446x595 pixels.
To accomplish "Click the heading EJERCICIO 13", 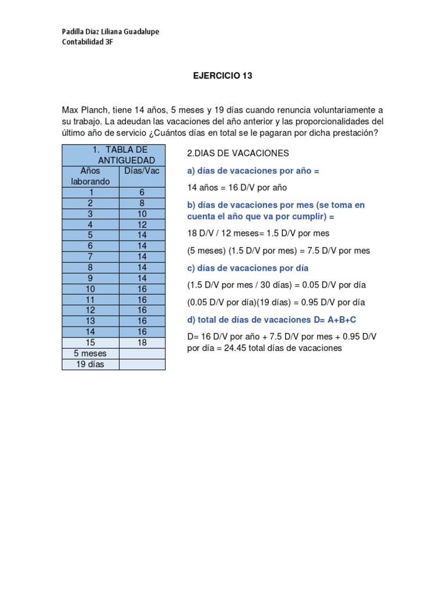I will [223, 76].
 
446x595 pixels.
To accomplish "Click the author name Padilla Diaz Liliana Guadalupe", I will [110, 31].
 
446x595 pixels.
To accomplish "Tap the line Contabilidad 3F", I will [87, 42].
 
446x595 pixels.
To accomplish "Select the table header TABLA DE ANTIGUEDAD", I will [114, 155].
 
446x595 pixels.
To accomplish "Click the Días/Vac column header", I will [142, 171].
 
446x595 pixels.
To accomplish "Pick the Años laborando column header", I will [91, 176].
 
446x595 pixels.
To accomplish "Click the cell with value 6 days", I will [142, 192].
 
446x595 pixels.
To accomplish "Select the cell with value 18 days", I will [142, 343].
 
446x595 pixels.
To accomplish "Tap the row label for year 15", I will [91, 343].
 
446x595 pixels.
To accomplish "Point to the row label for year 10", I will [91, 289].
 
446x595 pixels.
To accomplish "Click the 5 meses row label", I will [91, 353].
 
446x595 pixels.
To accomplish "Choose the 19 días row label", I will [91, 364].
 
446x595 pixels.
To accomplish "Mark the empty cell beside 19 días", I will [142, 364].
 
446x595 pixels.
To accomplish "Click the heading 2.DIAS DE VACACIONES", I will [238, 153].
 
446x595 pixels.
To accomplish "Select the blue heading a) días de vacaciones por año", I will [253, 171].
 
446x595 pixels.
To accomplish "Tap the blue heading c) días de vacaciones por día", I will [247, 268].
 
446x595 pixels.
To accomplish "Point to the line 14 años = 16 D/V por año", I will [237, 188].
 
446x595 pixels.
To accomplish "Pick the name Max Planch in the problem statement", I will [82, 110].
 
